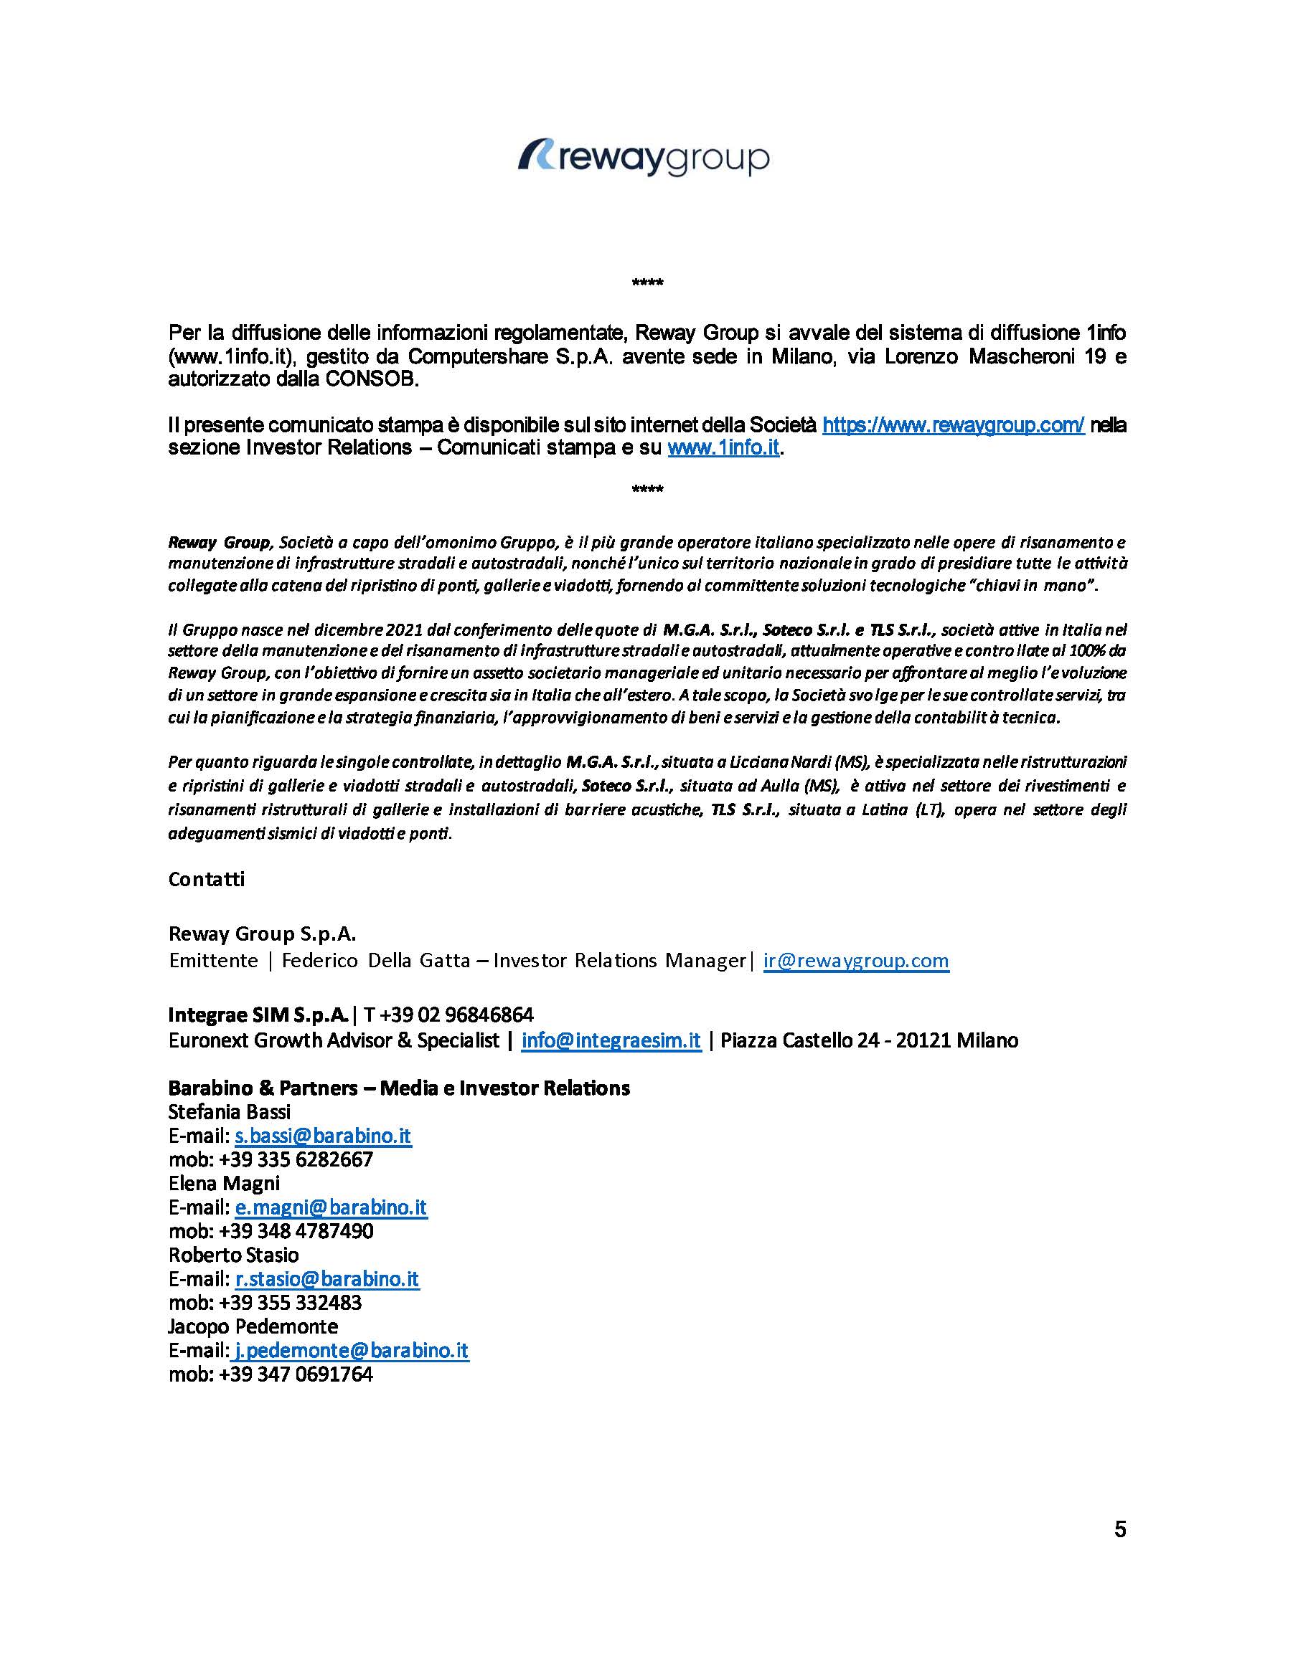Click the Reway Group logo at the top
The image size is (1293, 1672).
644,158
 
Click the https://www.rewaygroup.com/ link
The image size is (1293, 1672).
953,425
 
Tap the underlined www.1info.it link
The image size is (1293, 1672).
723,449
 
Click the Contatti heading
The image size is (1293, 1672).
206,879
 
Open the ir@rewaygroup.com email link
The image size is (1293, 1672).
855,961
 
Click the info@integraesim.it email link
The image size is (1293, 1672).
611,1040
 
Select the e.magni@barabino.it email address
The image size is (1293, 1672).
330,1207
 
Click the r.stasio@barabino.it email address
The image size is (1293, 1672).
326,1278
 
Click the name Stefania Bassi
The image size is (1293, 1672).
229,1111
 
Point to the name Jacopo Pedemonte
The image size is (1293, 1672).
253,1326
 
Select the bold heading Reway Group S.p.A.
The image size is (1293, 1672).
262,934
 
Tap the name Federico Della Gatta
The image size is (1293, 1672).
375,961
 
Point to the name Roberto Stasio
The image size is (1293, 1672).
234,1255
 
